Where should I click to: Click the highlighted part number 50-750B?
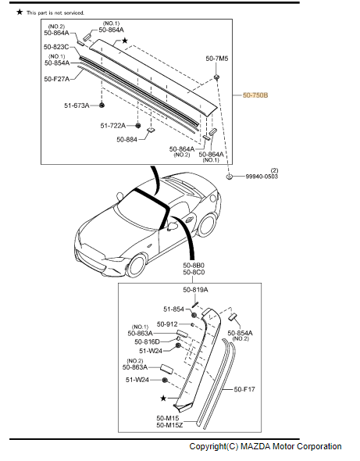[x=255, y=95]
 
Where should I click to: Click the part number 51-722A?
[x=113, y=125]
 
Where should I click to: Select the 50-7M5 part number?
[x=217, y=59]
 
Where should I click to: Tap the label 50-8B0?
[x=194, y=265]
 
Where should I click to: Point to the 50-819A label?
[x=195, y=290]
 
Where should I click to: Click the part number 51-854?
[x=173, y=309]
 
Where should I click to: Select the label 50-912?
[x=167, y=323]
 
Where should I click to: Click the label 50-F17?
[x=244, y=388]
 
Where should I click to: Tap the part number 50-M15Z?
[x=169, y=425]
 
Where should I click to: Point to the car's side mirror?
[x=169, y=227]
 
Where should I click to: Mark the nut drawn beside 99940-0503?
[x=230, y=177]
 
